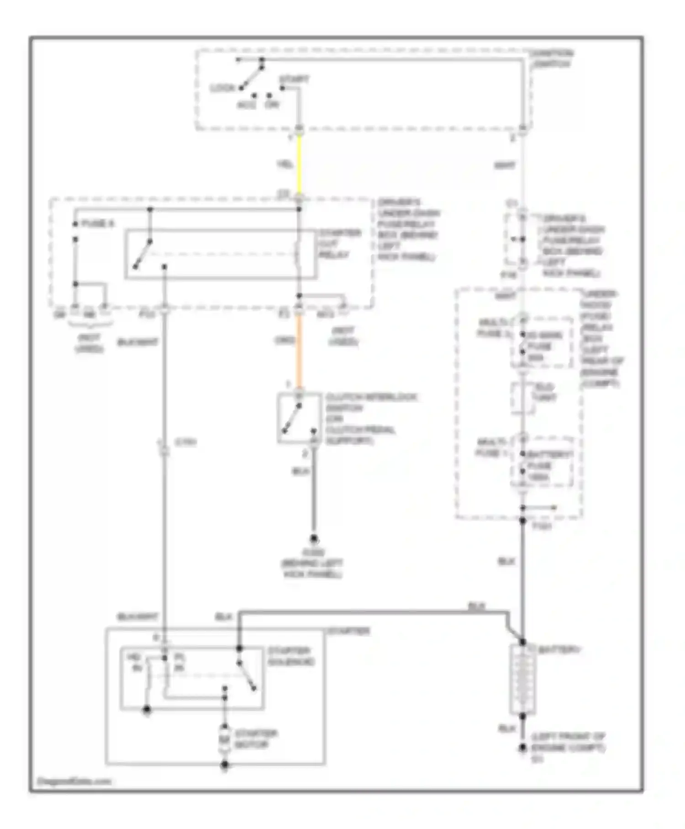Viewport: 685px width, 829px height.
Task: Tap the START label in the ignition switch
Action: (294, 80)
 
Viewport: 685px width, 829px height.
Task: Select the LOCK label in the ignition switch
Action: (222, 88)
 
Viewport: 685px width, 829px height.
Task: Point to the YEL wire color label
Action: (285, 165)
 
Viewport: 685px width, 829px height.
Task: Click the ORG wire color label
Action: (285, 340)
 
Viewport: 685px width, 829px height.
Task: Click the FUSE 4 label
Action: (97, 224)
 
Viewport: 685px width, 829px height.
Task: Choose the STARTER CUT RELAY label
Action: (340, 244)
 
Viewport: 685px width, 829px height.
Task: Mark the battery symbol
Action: (522, 679)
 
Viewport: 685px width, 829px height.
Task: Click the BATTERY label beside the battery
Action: (559, 650)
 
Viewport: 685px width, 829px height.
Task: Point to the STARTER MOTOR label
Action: (256, 739)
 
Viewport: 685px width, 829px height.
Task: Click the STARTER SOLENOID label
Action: (291, 656)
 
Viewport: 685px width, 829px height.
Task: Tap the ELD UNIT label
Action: (544, 392)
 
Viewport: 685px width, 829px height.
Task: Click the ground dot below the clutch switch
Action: (314, 539)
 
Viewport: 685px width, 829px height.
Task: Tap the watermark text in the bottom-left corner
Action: (74, 781)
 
